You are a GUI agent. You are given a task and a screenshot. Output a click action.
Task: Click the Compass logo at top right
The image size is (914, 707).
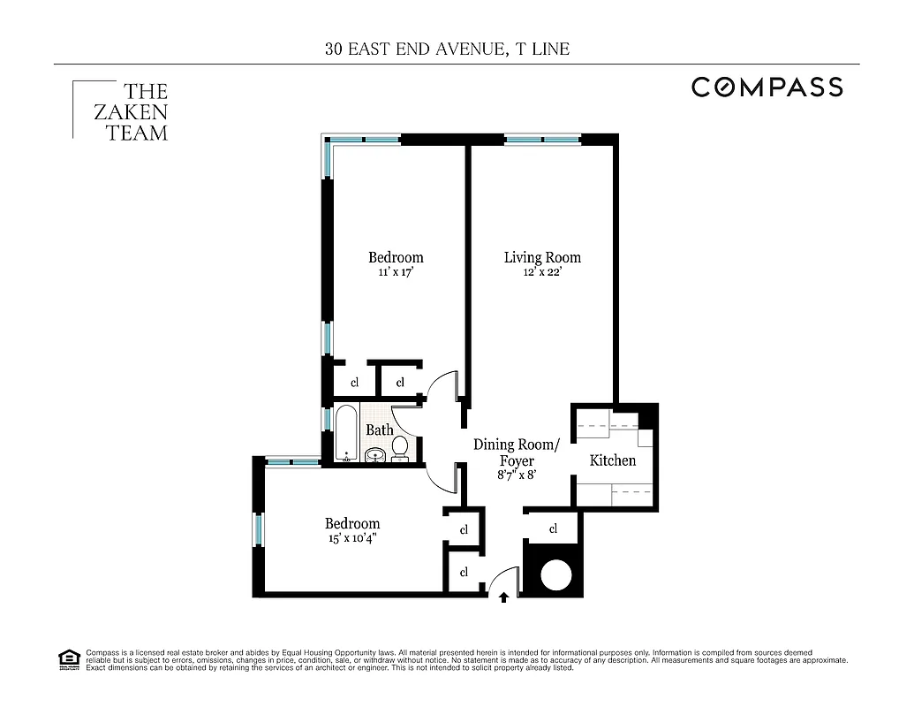pos(767,87)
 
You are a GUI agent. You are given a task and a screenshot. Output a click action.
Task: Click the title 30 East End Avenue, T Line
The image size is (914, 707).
pos(447,49)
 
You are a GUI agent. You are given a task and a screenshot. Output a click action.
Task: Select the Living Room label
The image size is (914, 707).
pos(542,257)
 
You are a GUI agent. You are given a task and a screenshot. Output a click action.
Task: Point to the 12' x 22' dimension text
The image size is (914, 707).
pos(542,273)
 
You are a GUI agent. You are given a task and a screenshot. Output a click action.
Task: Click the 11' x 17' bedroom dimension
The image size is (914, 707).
pos(395,273)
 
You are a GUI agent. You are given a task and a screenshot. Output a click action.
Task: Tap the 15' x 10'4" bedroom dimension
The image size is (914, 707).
pos(351,538)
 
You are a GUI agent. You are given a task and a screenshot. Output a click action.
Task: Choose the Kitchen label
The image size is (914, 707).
pos(612,460)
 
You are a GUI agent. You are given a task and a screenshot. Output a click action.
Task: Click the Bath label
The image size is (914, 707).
pos(379,430)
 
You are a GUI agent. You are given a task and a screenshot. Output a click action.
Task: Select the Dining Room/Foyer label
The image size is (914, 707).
pos(516,452)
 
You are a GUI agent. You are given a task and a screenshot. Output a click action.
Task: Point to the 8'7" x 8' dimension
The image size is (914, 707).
pos(516,475)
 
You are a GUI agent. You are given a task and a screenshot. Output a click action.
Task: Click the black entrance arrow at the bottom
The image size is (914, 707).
pos(503,597)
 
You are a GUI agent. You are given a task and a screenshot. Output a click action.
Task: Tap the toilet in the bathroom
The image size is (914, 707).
pos(400,448)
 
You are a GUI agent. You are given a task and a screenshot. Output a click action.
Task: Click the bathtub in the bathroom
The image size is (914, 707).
pos(346,433)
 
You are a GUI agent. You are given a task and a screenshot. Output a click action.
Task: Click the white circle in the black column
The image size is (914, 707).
pos(556,574)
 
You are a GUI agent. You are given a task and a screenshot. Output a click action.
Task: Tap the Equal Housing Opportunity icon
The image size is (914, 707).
pos(67,658)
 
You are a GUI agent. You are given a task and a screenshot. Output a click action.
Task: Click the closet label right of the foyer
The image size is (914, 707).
pos(554,529)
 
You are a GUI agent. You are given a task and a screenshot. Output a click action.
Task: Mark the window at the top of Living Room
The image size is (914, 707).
pos(542,139)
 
